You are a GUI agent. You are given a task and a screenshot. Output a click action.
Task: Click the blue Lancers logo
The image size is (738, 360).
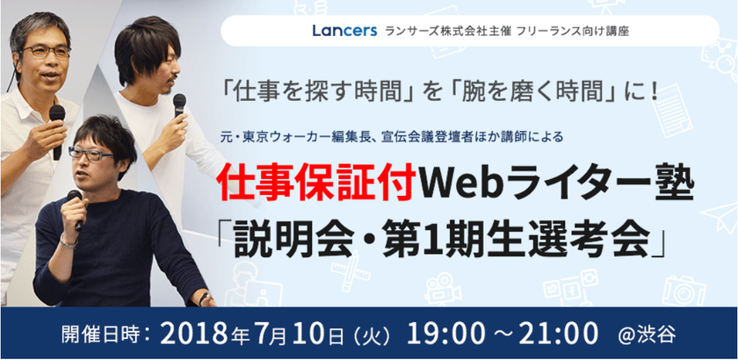point(343,30)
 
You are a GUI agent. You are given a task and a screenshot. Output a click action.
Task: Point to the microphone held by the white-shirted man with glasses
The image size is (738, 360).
point(57,123)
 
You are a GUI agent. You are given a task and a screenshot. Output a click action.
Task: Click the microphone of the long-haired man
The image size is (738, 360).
point(179,103)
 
